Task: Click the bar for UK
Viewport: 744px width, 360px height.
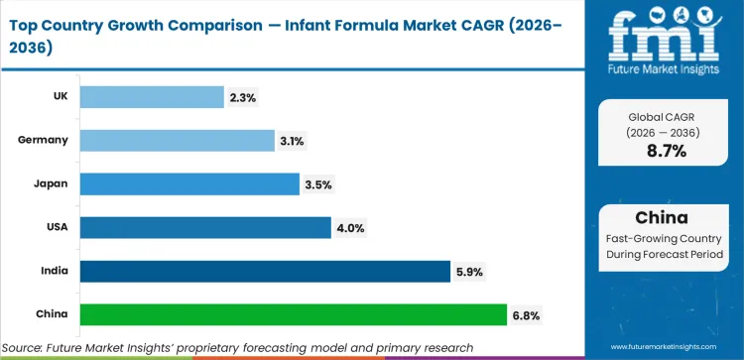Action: pyautogui.click(x=151, y=96)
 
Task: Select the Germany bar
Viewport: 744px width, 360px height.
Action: pyautogui.click(x=177, y=140)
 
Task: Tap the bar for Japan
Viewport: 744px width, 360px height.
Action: pyautogui.click(x=188, y=183)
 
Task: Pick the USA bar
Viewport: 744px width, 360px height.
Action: pyautogui.click(x=204, y=227)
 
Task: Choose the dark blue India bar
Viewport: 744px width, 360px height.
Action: pyautogui.click(x=265, y=271)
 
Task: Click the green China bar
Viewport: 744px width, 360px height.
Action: pyautogui.click(x=293, y=314)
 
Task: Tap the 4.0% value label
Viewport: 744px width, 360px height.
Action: pyautogui.click(x=352, y=228)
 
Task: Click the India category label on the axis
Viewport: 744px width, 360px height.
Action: pyautogui.click(x=53, y=271)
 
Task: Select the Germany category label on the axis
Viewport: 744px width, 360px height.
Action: pyautogui.click(x=43, y=140)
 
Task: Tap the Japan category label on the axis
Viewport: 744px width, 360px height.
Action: pyautogui.click(x=51, y=183)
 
